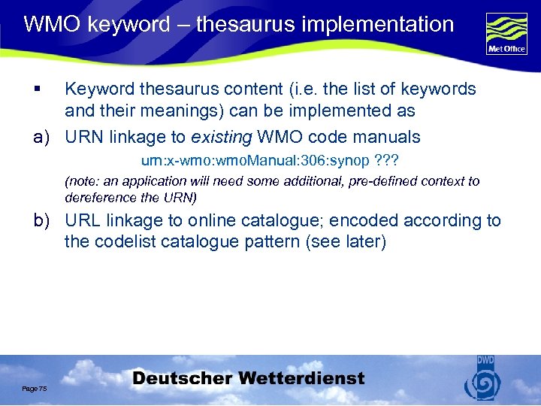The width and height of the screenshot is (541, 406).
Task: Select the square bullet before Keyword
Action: (x=36, y=89)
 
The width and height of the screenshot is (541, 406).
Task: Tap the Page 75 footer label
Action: (x=34, y=388)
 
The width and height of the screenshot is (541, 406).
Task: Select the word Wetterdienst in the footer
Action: (x=306, y=378)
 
